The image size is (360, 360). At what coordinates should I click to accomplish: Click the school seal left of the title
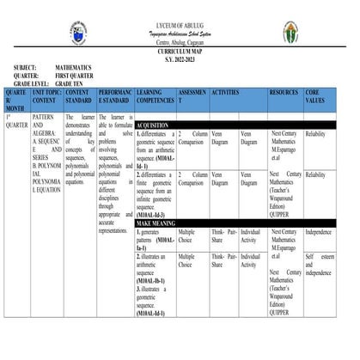coord(80,35)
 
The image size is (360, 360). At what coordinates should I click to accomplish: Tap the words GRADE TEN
coord(75,82)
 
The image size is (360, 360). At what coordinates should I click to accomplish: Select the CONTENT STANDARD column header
coord(79,95)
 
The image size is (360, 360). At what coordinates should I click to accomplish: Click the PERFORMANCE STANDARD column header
coord(114,95)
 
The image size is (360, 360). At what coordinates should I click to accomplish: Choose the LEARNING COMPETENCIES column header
coord(155,95)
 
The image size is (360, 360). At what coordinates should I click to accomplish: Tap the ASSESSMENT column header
coord(192,95)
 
